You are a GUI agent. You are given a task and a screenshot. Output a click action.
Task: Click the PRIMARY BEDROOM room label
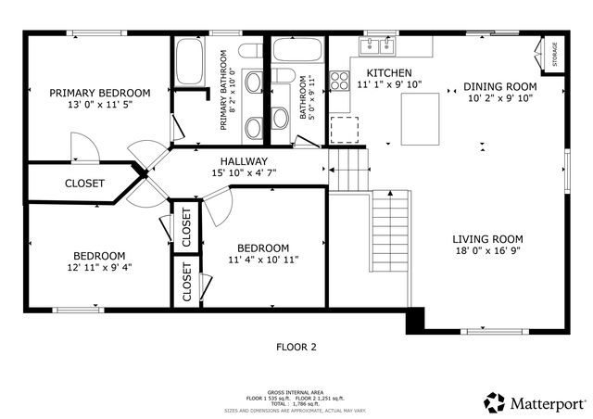tap(99, 93)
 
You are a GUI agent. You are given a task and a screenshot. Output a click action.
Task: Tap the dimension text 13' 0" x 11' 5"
tap(99, 106)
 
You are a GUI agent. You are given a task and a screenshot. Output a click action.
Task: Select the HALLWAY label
tap(243, 159)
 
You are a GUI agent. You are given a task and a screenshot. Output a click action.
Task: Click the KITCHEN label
tap(389, 72)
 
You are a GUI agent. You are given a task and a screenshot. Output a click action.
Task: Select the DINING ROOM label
tap(499, 87)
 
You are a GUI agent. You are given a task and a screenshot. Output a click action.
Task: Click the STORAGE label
tap(554, 55)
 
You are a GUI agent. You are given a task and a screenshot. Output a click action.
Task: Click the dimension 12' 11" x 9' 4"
tap(99, 269)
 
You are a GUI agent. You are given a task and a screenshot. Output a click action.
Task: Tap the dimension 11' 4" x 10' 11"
tap(263, 261)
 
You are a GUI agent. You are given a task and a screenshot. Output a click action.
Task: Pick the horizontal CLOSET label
tap(84, 184)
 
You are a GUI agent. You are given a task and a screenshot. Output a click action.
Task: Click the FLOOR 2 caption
tap(296, 347)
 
